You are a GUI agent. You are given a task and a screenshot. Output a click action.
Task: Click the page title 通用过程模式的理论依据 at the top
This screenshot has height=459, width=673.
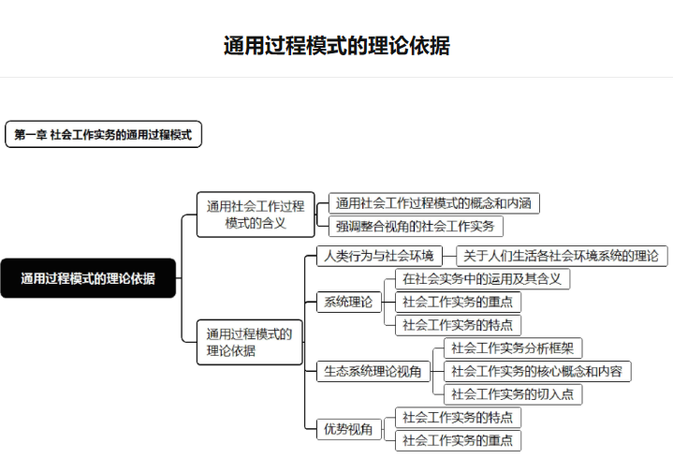pos(337,46)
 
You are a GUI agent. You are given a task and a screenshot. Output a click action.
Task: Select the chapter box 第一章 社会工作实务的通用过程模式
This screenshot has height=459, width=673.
pos(104,134)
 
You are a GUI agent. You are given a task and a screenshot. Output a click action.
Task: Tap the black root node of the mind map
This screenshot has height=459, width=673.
pos(88,278)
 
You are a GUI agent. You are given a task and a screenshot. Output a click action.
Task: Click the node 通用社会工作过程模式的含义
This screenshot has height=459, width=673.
pos(256,215)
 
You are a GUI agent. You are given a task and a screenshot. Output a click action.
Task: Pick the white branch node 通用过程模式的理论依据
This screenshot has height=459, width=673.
pos(249,342)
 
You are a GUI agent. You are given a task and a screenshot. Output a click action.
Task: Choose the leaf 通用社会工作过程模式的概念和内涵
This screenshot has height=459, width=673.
pos(434,203)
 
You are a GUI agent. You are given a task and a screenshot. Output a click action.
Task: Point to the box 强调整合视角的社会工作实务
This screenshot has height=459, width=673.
pos(416,227)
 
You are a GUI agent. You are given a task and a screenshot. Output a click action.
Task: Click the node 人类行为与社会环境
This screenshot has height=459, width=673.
pos(379,256)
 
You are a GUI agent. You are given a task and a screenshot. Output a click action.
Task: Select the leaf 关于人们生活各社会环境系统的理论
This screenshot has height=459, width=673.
pos(562,256)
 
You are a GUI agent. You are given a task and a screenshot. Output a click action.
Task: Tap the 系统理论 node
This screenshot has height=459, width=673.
pos(348,302)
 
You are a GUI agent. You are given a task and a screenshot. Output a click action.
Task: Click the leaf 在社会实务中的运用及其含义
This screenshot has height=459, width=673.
pos(482,279)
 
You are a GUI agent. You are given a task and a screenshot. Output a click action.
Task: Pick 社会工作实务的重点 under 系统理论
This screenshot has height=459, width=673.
pos(458,302)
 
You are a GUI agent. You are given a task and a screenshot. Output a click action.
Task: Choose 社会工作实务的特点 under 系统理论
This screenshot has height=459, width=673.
pos(458,325)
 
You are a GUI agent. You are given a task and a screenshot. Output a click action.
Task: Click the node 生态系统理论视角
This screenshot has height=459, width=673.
pos(373,371)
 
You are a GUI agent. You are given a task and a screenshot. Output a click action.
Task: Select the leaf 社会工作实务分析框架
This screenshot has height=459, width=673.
pos(513,348)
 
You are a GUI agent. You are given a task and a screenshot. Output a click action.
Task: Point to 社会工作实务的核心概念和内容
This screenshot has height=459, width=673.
pos(537,371)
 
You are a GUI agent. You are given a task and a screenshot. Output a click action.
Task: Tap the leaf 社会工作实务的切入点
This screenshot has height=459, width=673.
pos(513,394)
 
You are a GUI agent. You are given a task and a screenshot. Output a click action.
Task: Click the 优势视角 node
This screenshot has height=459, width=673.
pos(348,429)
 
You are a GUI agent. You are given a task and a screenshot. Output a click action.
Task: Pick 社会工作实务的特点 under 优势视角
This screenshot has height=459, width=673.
pos(458,418)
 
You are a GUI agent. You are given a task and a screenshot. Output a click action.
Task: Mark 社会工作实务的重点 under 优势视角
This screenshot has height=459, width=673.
pos(458,440)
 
